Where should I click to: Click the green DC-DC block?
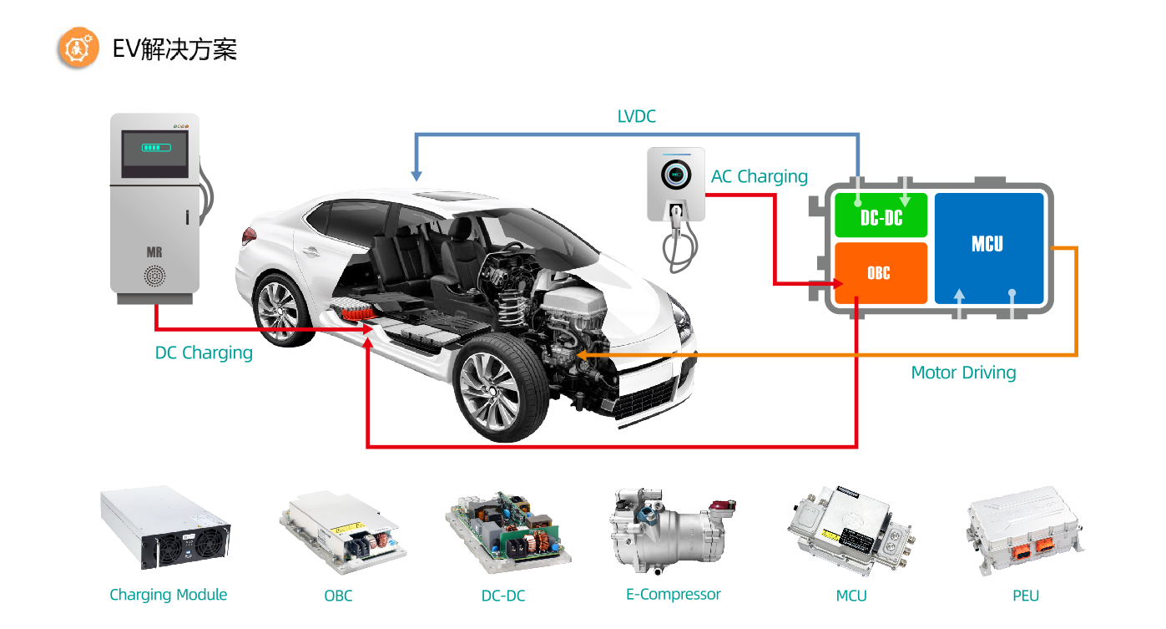click(x=881, y=216)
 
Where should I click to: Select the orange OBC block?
click(x=881, y=273)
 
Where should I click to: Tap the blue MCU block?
click(x=988, y=247)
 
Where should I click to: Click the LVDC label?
click(x=636, y=117)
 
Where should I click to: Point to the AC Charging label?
click(x=760, y=177)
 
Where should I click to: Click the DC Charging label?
click(x=204, y=353)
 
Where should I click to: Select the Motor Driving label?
click(x=963, y=373)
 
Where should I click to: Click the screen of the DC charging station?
click(x=155, y=153)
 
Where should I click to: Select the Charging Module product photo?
click(x=166, y=528)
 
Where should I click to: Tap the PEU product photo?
click(x=1025, y=530)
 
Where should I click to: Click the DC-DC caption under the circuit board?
click(x=503, y=596)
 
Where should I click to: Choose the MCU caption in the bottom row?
click(x=851, y=596)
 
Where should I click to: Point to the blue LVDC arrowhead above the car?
click(x=416, y=176)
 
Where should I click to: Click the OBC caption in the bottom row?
click(x=338, y=596)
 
